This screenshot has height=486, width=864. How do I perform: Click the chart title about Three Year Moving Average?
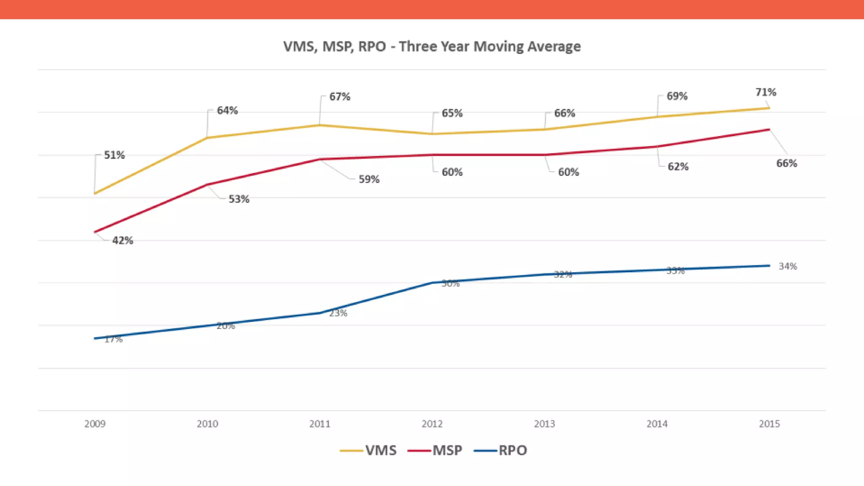click(x=432, y=46)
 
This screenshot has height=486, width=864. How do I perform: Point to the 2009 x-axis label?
click(x=95, y=424)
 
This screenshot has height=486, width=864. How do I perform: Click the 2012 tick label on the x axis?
click(x=432, y=424)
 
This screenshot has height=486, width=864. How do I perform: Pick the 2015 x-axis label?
click(x=769, y=424)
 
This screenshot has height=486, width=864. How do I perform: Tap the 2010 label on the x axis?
click(x=207, y=424)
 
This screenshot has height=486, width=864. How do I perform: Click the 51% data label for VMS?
click(x=114, y=155)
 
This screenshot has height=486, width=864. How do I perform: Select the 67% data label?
click(x=340, y=97)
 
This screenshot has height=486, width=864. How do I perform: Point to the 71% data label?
click(x=766, y=92)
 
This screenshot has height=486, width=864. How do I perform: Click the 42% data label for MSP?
click(x=122, y=240)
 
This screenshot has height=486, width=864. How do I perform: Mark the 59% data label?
click(x=369, y=179)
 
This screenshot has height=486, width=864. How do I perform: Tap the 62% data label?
click(x=678, y=167)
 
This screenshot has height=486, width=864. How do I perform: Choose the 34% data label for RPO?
click(x=788, y=266)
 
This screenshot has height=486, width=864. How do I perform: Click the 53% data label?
click(x=239, y=199)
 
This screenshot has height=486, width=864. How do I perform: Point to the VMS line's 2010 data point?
click(x=207, y=138)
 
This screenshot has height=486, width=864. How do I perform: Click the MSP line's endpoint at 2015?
click(x=769, y=130)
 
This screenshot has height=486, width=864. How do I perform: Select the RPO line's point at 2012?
click(x=432, y=283)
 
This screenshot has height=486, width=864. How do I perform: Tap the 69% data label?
click(x=677, y=96)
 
